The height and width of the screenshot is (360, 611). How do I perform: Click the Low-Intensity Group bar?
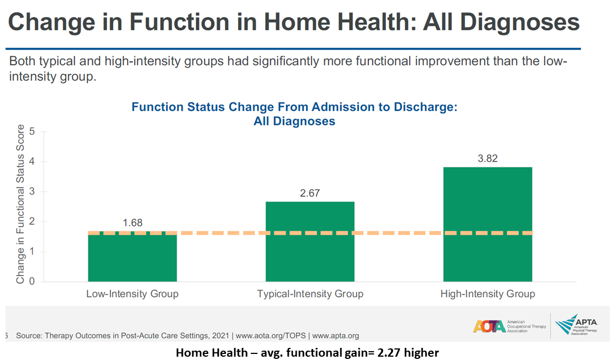[133, 256]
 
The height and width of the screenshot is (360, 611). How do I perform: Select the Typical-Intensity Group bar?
[310, 241]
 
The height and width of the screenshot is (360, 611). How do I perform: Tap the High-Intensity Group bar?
[488, 224]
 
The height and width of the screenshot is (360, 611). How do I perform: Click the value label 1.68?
[133, 223]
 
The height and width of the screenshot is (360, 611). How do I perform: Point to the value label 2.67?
[310, 193]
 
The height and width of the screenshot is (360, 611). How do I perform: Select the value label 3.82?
[487, 158]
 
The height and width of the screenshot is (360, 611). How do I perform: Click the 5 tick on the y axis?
[32, 132]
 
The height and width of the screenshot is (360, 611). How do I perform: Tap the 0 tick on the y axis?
[32, 281]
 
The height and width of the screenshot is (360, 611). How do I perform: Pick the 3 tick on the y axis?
[32, 192]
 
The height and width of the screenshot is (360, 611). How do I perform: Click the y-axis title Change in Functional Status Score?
[20, 204]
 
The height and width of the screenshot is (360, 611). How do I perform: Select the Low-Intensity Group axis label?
[133, 294]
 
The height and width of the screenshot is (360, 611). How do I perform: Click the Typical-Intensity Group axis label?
[310, 294]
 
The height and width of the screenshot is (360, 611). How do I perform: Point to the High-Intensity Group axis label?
[488, 294]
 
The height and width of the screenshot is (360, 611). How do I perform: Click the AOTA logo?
[510, 326]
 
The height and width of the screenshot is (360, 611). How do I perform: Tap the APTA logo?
[576, 325]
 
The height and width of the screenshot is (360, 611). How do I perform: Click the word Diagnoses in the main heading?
[520, 22]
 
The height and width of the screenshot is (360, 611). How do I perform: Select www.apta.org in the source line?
[335, 336]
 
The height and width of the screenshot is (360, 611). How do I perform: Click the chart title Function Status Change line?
[294, 107]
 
